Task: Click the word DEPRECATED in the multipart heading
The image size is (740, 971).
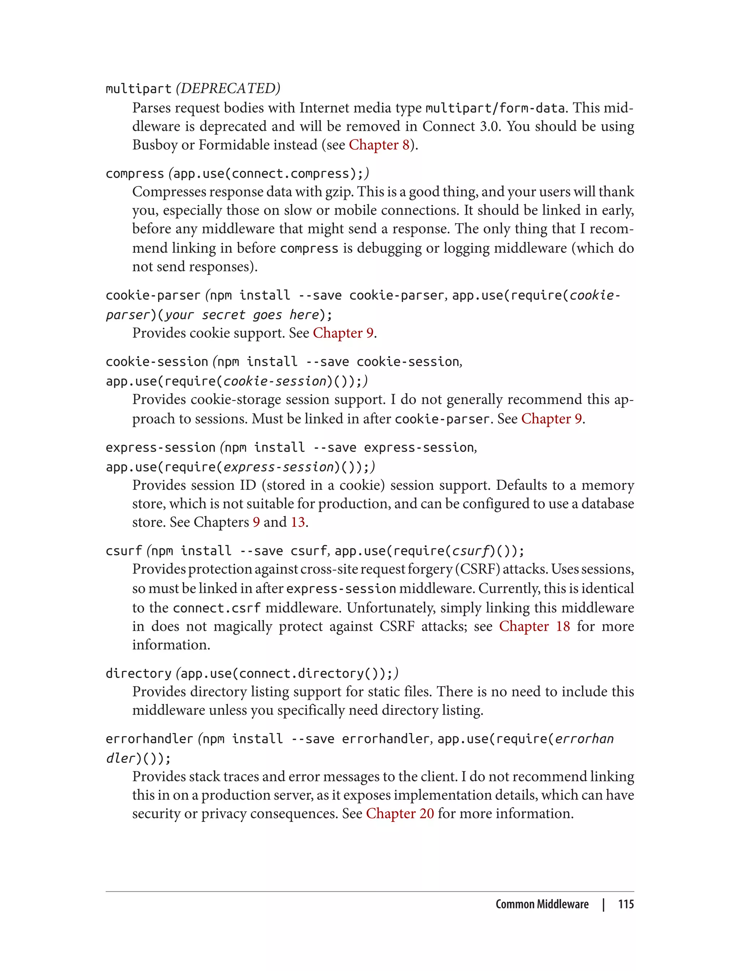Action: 228,89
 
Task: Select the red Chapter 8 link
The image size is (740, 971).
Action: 379,145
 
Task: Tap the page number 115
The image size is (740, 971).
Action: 625,904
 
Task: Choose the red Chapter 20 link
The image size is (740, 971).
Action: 400,814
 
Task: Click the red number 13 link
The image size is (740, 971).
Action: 298,522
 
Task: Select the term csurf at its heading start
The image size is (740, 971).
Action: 123,551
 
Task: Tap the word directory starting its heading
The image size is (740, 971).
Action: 138,673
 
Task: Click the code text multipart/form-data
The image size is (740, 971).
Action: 495,108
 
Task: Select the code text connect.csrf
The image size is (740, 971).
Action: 217,608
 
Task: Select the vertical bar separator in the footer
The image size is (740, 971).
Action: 603,904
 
